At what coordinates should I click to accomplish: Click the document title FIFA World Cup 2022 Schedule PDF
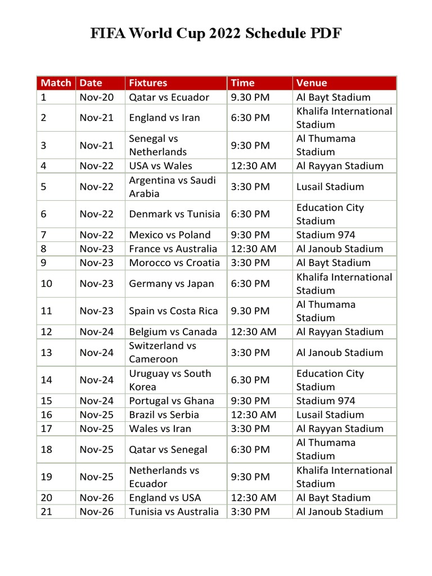[x=216, y=34]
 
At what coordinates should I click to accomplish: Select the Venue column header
[x=312, y=83]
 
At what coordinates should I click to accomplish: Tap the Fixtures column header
[x=148, y=83]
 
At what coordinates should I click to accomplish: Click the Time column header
[x=242, y=83]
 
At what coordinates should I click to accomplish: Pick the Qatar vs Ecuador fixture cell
[x=169, y=97]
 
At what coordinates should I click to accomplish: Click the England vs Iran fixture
[x=164, y=118]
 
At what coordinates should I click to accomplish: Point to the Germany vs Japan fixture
[x=172, y=283]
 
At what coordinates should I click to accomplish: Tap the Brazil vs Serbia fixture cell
[x=164, y=415]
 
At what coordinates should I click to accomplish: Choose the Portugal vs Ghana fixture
[x=172, y=401]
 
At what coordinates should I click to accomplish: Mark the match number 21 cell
[x=47, y=512]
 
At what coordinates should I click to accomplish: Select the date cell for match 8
[x=97, y=249]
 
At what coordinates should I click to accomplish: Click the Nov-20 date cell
[x=97, y=97]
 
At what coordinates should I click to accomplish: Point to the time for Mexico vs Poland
[x=250, y=235]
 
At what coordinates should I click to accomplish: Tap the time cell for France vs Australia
[x=253, y=249]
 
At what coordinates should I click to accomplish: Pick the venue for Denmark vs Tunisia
[x=330, y=214]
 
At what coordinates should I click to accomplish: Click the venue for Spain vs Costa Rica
[x=326, y=311]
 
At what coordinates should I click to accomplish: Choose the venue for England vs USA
[x=333, y=498]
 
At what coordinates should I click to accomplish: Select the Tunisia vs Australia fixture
[x=174, y=512]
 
